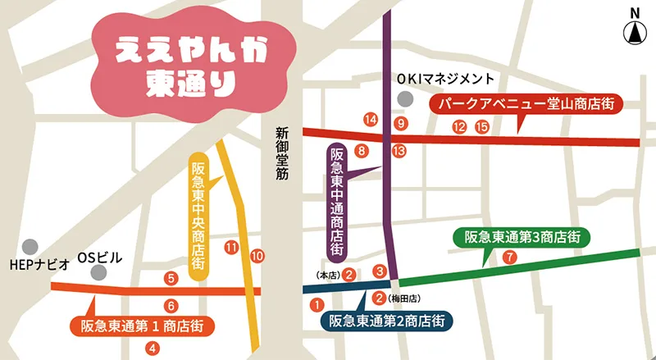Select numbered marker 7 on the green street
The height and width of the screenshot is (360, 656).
click(510, 257)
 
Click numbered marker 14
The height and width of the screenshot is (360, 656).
click(371, 120)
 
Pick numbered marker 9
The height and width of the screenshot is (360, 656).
click(400, 124)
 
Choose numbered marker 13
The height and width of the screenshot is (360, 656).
click(399, 151)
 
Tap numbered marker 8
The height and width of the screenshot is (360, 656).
click(362, 151)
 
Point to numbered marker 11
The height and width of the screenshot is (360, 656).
click(231, 247)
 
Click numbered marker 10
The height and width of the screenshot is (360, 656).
click(257, 257)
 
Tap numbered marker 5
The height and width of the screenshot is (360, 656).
click(171, 278)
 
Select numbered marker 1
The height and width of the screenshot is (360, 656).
click(317, 304)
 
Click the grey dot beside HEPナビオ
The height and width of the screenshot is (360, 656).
click(30, 245)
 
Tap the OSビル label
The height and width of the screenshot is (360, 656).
click(99, 257)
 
